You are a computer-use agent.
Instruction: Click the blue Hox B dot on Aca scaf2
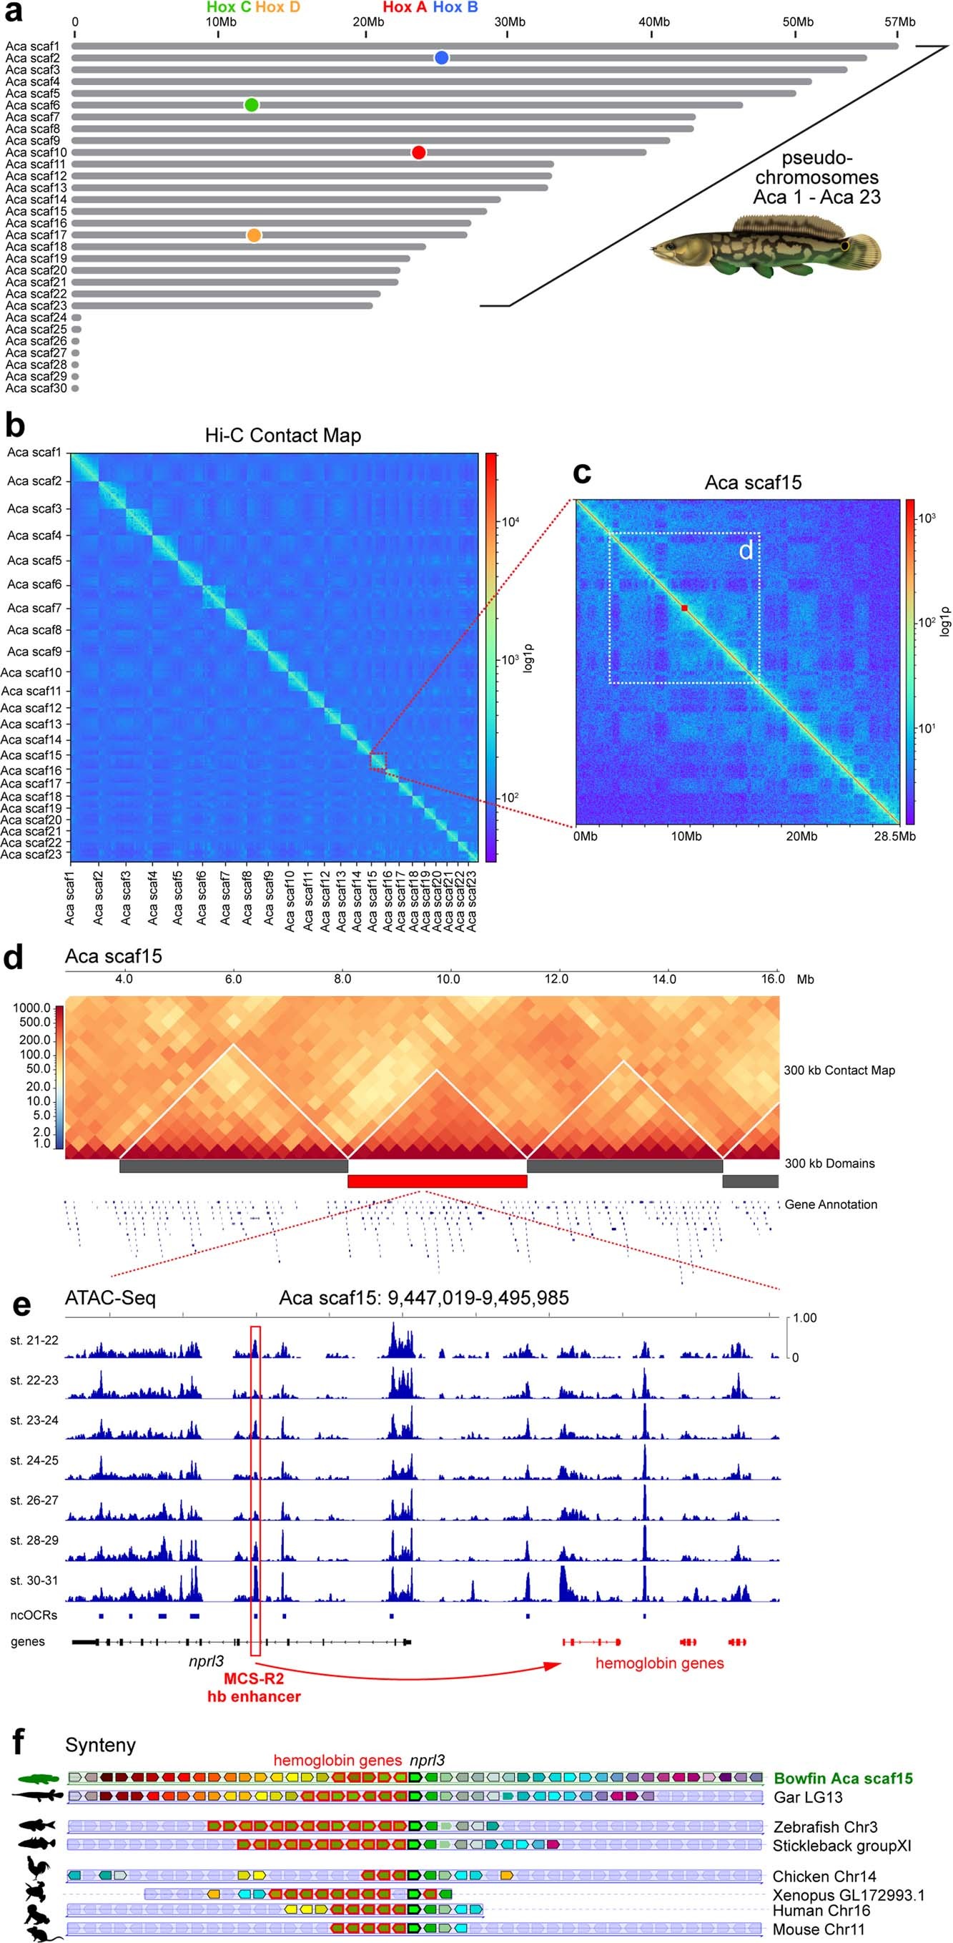coord(442,57)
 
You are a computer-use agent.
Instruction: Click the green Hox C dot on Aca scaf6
coord(252,105)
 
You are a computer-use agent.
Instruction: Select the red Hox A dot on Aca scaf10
coord(418,152)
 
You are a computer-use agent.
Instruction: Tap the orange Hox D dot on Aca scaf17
coord(254,235)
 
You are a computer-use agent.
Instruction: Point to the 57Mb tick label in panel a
coord(899,22)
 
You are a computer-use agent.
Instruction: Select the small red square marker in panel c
coord(684,608)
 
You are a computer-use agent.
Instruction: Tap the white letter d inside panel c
coord(745,551)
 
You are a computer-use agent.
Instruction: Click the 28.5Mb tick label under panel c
coord(894,836)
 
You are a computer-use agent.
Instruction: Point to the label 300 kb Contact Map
coord(839,1071)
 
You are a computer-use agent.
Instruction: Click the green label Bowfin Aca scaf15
coord(843,1779)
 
